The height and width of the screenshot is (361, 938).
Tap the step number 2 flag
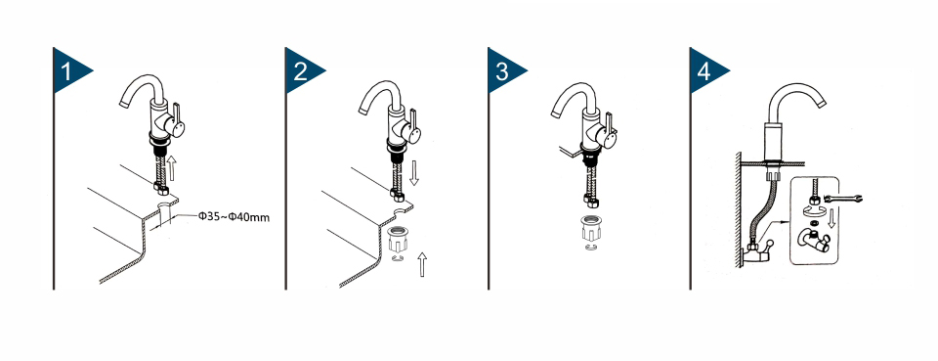[303, 70]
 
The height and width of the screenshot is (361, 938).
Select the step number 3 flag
[505, 70]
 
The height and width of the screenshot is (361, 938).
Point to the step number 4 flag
[707, 70]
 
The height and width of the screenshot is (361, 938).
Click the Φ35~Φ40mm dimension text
[234, 217]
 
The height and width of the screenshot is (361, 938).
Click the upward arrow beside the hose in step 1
[173, 168]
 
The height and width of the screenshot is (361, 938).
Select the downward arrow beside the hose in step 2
[414, 172]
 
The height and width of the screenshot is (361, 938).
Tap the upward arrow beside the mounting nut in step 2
[422, 264]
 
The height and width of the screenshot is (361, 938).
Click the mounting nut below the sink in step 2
[398, 240]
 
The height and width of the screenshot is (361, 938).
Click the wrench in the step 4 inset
[843, 199]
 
